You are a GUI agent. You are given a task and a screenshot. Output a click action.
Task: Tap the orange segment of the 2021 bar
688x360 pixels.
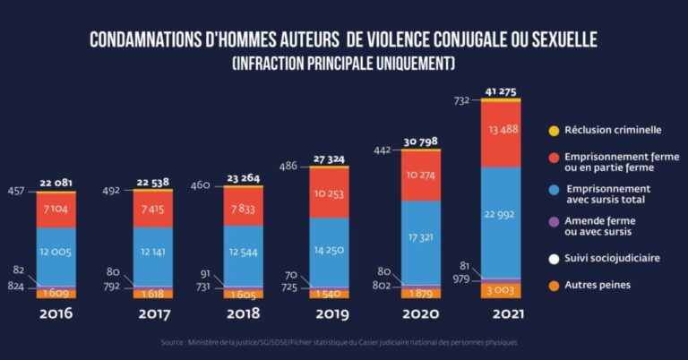(501, 291)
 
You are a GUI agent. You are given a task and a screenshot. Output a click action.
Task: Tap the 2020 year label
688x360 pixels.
(421, 314)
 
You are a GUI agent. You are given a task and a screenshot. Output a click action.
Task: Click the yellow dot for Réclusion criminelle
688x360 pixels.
(554, 131)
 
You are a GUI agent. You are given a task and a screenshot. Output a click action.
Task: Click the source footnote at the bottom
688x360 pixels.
(340, 342)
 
